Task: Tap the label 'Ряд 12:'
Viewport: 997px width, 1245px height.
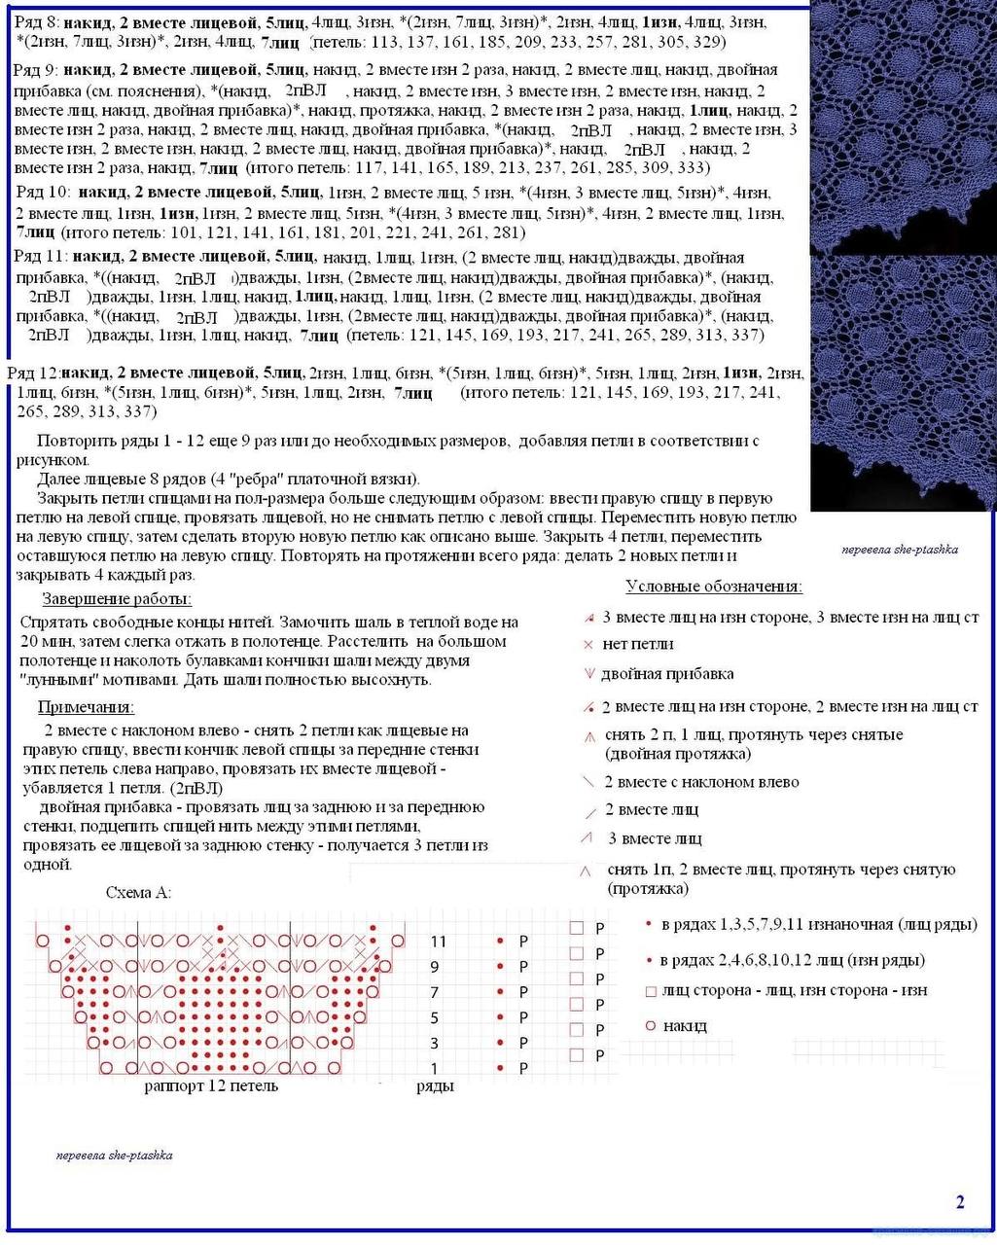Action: tap(33, 373)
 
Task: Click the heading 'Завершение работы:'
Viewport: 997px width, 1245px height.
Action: tap(117, 599)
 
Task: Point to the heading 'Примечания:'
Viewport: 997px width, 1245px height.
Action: tap(86, 707)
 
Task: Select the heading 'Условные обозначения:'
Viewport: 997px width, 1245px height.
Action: tap(714, 587)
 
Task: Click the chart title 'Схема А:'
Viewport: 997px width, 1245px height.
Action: tap(137, 893)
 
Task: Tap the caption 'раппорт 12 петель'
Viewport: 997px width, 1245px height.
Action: tap(211, 1085)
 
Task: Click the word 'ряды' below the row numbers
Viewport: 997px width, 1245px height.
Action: tap(435, 1085)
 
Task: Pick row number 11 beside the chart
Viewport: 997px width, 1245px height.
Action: tap(438, 942)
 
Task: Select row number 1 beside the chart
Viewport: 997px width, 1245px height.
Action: tap(435, 1068)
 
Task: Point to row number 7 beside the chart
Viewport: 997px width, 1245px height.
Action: tap(435, 992)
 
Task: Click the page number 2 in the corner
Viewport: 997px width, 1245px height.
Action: tap(960, 1202)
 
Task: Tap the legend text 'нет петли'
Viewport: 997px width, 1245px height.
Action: tap(638, 644)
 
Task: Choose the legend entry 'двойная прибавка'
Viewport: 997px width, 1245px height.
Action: tap(667, 674)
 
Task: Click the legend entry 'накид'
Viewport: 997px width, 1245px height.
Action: tap(685, 1026)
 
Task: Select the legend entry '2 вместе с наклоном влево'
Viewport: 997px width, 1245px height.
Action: tap(701, 782)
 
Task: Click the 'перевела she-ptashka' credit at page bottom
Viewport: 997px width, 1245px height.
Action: tap(115, 1156)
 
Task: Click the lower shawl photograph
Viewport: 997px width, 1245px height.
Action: tap(904, 379)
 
